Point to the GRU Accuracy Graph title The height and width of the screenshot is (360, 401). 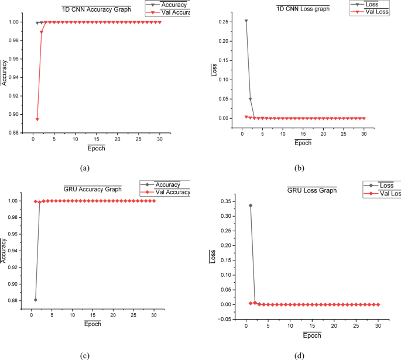point(92,189)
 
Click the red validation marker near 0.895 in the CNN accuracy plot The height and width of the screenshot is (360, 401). point(37,119)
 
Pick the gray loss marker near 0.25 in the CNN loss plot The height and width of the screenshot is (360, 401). point(246,21)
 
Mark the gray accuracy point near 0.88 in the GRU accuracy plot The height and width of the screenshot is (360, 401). point(36,300)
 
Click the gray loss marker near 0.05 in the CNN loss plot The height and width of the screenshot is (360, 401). point(251,99)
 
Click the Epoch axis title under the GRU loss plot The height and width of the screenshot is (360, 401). point(313,335)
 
